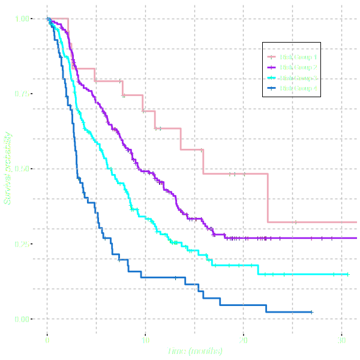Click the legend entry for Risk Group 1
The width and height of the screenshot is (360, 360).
[298, 57]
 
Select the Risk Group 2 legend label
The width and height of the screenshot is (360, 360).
[298, 67]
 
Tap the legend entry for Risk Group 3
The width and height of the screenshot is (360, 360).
[298, 78]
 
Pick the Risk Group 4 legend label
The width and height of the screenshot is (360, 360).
[298, 88]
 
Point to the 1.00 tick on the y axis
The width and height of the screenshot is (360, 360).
[22, 19]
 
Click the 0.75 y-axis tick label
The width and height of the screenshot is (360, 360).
[22, 94]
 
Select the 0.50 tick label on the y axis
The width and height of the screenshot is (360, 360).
[22, 169]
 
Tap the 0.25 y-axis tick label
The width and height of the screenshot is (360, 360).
[22, 244]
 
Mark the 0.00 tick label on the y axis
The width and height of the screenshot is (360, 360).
[22, 319]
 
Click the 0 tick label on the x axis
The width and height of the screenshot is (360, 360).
[47, 340]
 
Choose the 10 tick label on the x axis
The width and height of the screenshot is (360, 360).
[145, 340]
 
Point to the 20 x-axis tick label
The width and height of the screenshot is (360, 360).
[243, 340]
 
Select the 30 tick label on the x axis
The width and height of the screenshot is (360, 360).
[341, 340]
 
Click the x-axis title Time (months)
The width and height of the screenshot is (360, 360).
[194, 351]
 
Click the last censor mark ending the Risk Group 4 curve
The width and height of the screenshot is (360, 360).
[311, 312]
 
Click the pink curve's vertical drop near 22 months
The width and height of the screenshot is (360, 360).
[267, 198]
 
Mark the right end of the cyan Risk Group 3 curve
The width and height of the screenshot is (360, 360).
[349, 274]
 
